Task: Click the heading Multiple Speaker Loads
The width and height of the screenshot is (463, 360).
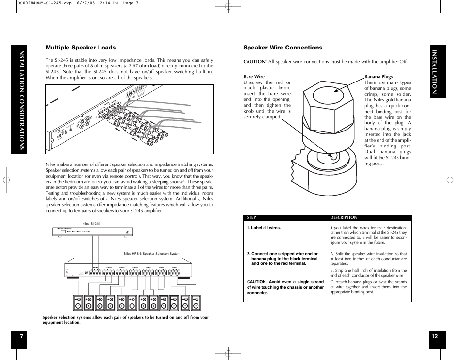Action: [81, 48]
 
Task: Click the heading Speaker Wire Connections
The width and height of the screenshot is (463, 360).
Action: [282, 48]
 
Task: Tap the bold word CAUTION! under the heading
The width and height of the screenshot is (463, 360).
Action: [255, 62]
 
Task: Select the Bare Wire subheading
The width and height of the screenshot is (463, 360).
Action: [254, 77]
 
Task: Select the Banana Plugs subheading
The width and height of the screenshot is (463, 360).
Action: [379, 77]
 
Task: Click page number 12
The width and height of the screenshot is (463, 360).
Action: [434, 336]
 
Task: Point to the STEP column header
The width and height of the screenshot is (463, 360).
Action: [251, 218]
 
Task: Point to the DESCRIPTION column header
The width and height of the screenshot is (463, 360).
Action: [344, 218]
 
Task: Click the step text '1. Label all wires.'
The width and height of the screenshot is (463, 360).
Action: [264, 228]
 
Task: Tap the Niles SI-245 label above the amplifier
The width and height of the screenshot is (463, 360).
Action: [91, 224]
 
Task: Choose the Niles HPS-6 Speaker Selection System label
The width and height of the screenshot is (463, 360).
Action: [152, 254]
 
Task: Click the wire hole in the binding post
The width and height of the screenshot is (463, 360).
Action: [331, 156]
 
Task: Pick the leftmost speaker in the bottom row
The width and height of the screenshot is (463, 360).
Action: [78, 303]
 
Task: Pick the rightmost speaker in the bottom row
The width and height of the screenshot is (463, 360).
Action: [196, 303]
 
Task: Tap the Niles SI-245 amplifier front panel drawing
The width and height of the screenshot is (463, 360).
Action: [92, 232]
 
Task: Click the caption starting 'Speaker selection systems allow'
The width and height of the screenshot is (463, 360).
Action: [126, 320]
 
